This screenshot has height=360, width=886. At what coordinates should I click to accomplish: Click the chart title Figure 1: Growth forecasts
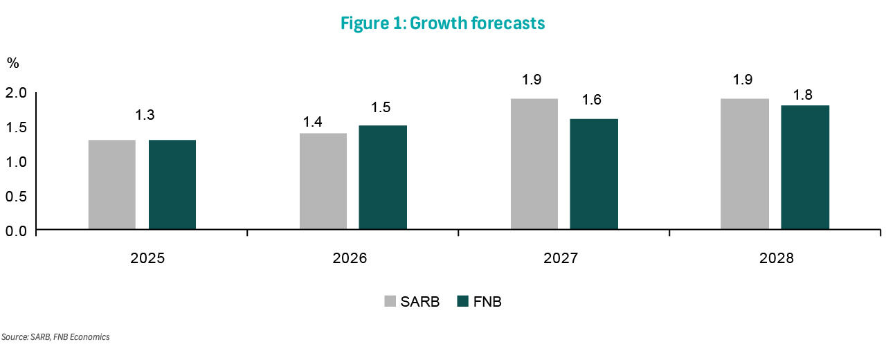(x=443, y=24)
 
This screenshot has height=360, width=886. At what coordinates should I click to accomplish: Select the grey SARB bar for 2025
(x=112, y=185)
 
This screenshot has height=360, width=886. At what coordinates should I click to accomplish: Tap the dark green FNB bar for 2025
(x=172, y=185)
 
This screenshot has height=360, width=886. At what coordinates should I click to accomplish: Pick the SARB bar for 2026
(x=323, y=181)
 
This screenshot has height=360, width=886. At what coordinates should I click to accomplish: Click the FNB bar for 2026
(x=383, y=178)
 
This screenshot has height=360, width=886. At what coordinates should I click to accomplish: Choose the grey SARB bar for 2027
(x=534, y=164)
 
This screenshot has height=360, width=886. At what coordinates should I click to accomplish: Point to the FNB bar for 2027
(x=594, y=174)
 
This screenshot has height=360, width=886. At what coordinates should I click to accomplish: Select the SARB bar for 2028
(x=745, y=164)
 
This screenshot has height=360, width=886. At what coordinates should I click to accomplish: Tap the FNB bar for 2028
(x=805, y=168)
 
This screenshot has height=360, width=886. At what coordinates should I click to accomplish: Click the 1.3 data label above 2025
(x=145, y=115)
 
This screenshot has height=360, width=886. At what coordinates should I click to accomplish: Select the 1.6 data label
(x=591, y=100)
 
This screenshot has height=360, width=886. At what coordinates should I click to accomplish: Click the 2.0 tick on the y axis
(x=17, y=93)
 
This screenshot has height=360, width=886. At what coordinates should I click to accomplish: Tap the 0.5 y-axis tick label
(x=17, y=196)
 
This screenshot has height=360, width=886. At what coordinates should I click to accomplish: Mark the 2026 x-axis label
(x=350, y=259)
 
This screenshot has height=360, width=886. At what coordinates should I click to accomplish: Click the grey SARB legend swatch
(x=390, y=301)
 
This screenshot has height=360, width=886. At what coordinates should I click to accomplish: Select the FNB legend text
(x=487, y=301)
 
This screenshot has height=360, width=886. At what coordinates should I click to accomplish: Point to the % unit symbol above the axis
(x=13, y=63)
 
